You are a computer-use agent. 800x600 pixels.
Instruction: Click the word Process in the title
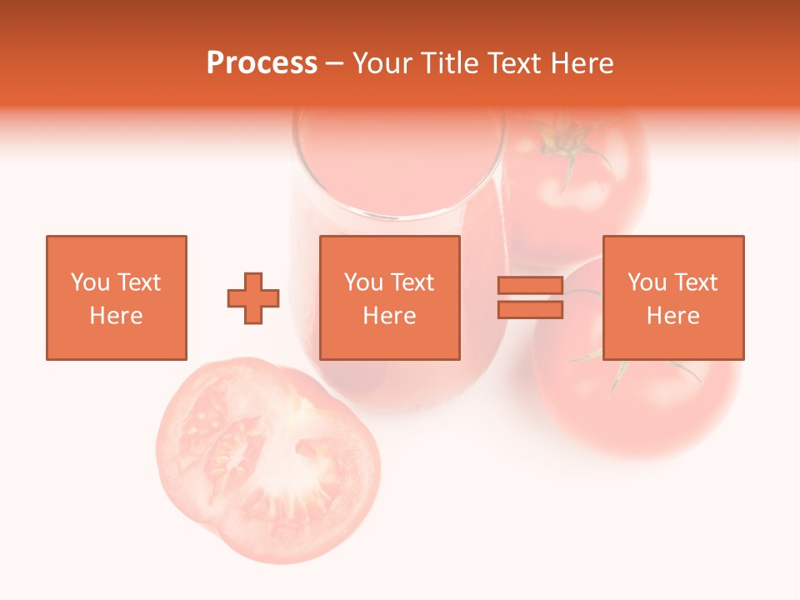coord(262,63)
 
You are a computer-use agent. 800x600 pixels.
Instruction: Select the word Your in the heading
coord(385,63)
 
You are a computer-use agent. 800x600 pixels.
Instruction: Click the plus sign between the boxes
coord(253,298)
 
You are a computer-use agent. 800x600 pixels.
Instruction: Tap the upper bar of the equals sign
coord(530,286)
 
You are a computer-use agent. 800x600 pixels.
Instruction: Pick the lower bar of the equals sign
coord(530,310)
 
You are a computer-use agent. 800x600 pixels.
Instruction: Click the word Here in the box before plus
coord(116,316)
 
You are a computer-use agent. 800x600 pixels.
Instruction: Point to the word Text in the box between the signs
coord(412,282)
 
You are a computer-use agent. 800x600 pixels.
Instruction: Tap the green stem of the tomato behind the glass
coord(569,142)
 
